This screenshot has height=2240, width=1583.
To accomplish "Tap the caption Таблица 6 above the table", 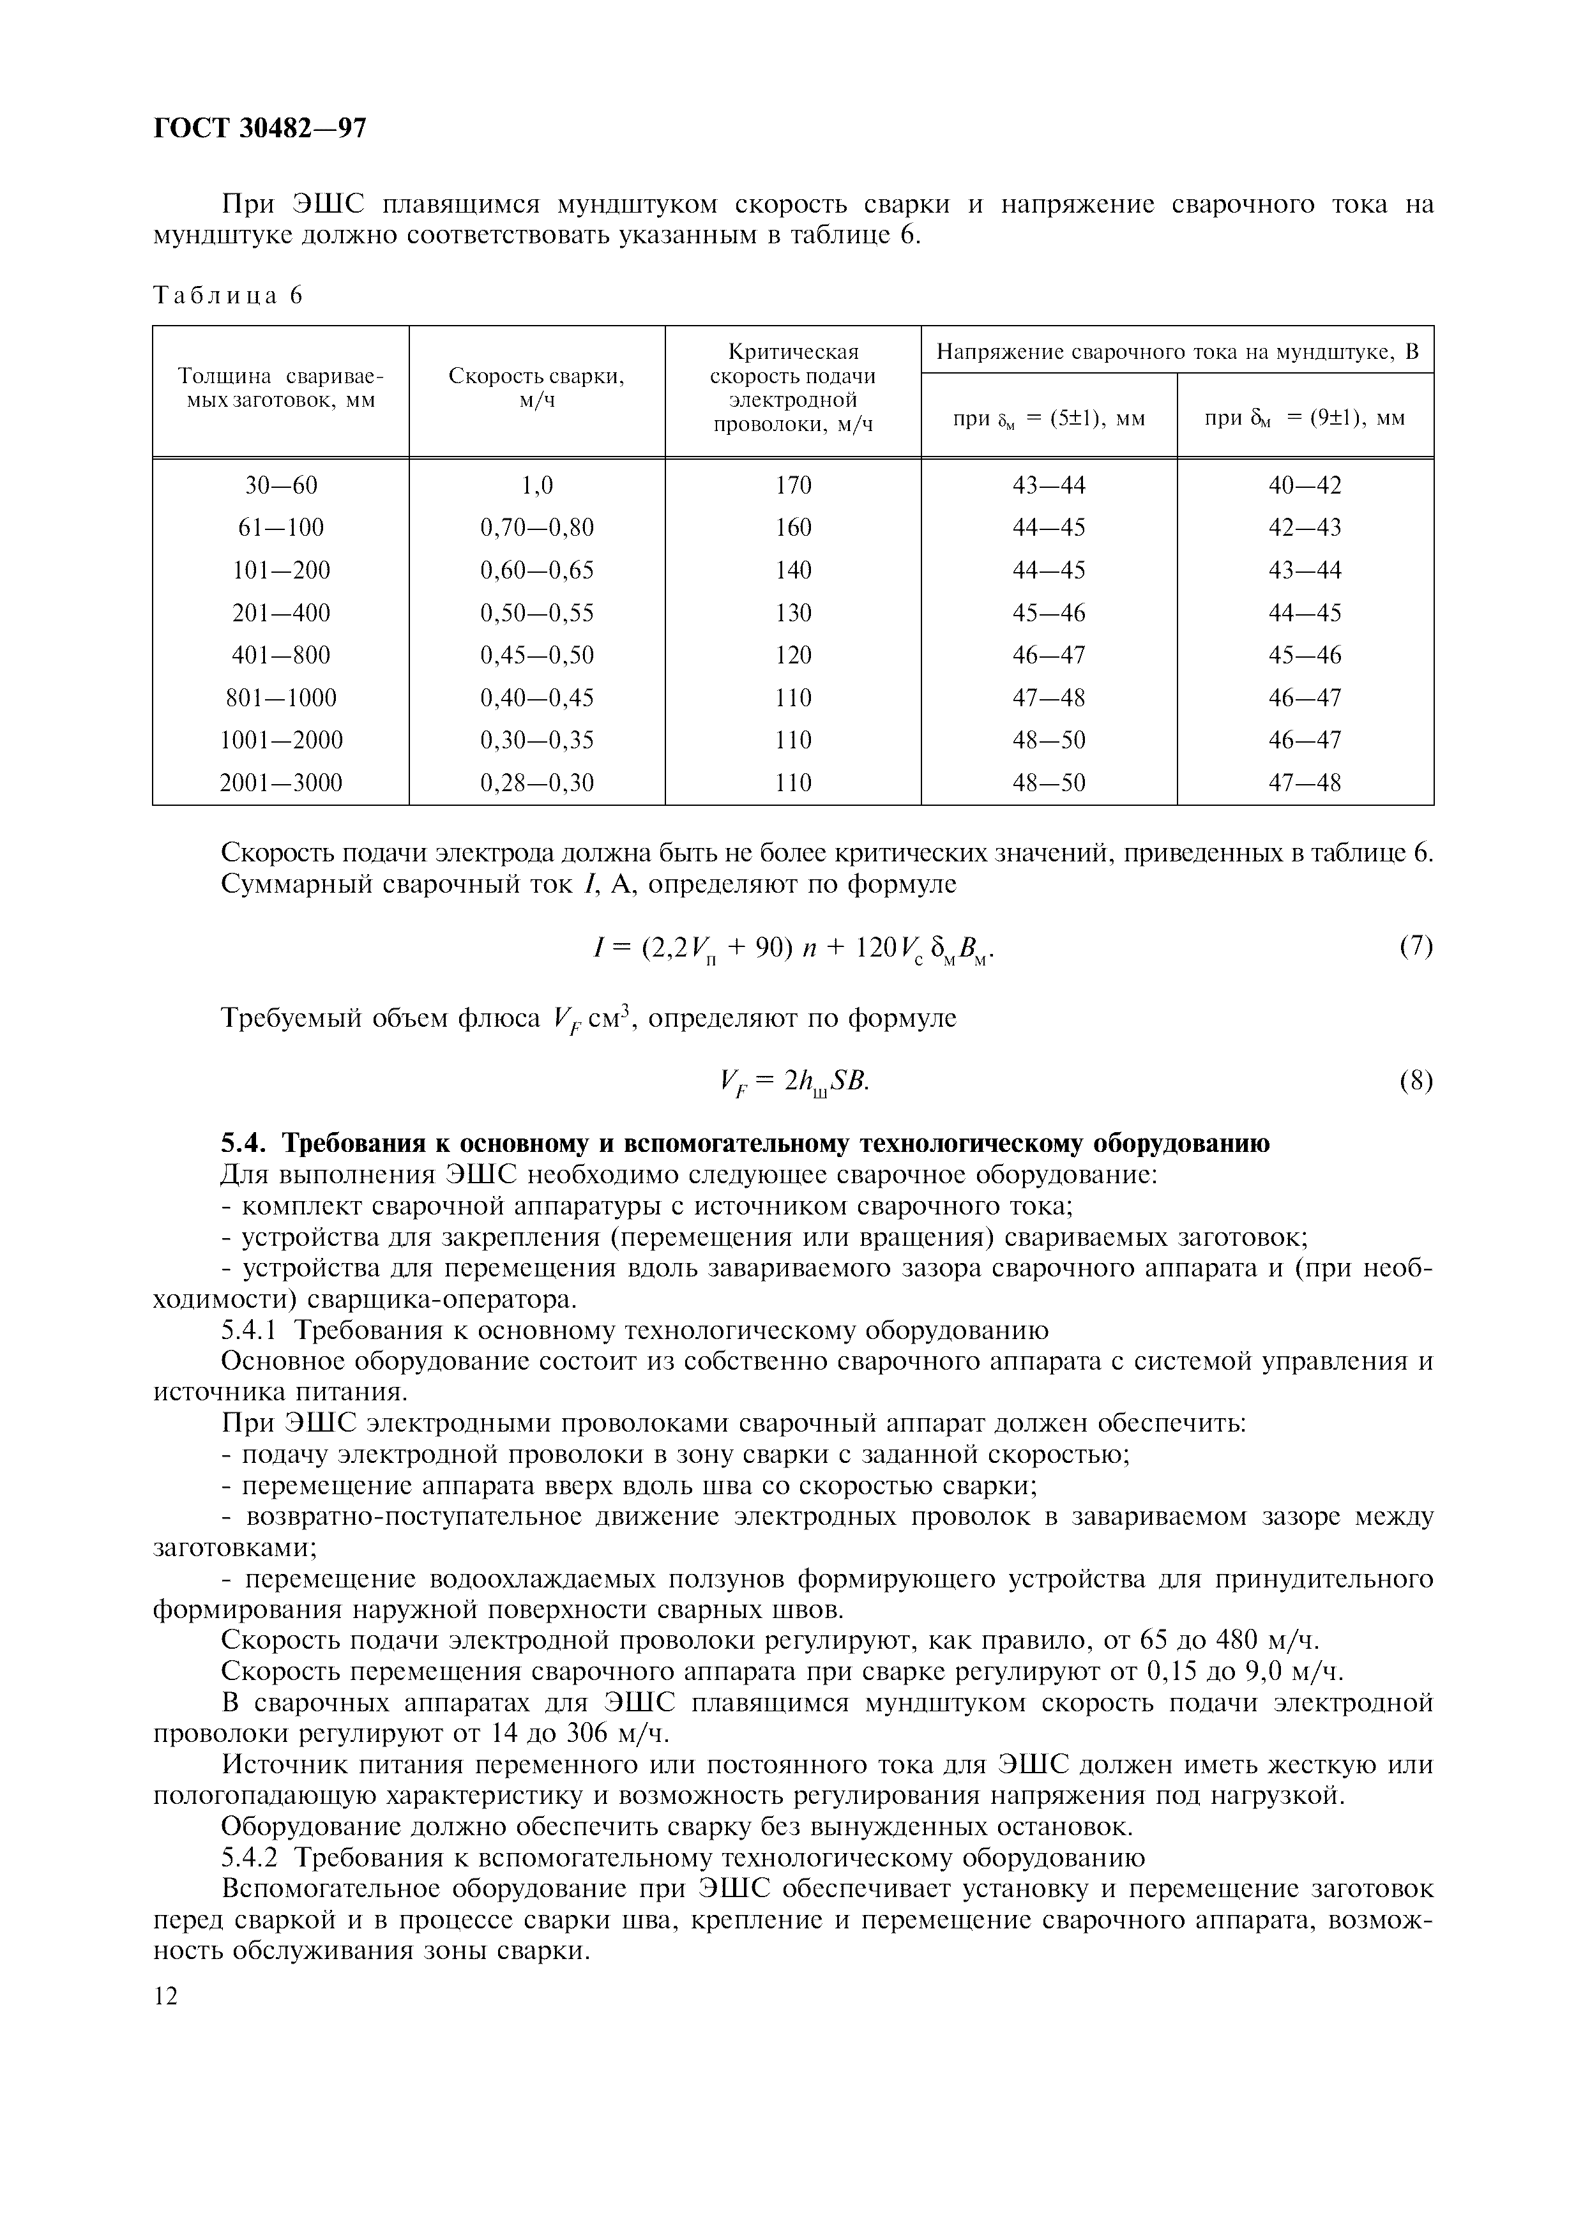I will pyautogui.click(x=228, y=296).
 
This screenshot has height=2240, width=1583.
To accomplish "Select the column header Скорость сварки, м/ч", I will pyautogui.click(x=536, y=388).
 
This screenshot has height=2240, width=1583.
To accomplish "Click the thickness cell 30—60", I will pyautogui.click(x=281, y=485).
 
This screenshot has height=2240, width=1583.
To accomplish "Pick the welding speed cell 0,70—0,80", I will pyautogui.click(x=536, y=528).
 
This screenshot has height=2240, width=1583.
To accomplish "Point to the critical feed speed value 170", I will pyautogui.click(x=793, y=485).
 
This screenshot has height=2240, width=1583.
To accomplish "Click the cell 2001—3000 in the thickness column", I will pyautogui.click(x=281, y=782).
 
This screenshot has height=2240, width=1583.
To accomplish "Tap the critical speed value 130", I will pyautogui.click(x=793, y=613).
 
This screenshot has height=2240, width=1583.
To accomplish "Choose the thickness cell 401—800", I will pyautogui.click(x=281, y=655).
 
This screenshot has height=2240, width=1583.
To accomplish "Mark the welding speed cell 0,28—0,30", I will pyautogui.click(x=536, y=782).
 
